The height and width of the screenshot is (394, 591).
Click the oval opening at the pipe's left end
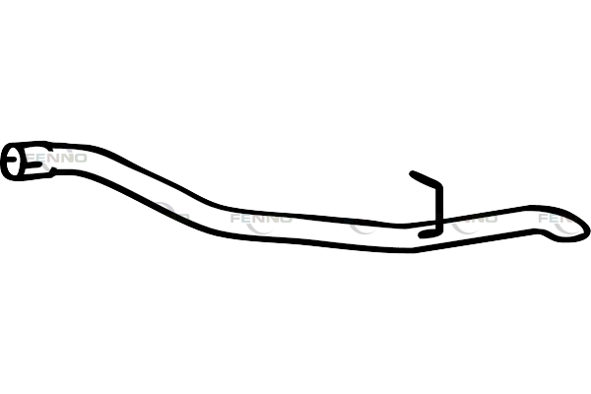tap(16, 162)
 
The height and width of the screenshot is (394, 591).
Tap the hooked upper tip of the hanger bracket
tap(416, 176)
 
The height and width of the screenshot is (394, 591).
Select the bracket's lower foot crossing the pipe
tap(430, 233)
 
